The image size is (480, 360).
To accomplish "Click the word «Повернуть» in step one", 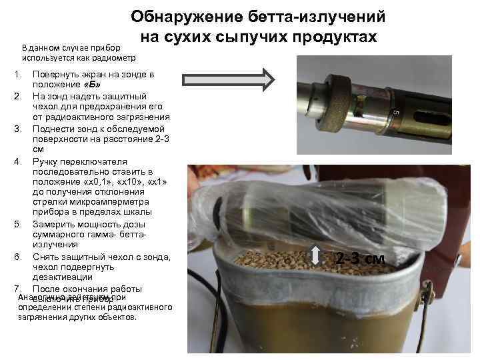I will [x=56, y=73].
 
